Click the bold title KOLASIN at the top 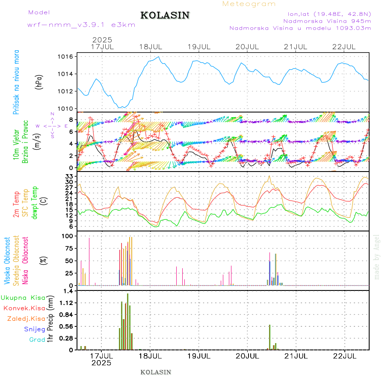tap(165, 15)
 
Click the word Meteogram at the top tap(249, 4)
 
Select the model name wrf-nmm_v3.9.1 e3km tap(81, 25)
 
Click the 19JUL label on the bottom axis tap(198, 355)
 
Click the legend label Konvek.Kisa tap(24, 308)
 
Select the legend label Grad tap(37, 340)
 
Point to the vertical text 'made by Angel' tap(377, 257)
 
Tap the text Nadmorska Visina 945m tap(327, 21)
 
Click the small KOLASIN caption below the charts tap(156, 372)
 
